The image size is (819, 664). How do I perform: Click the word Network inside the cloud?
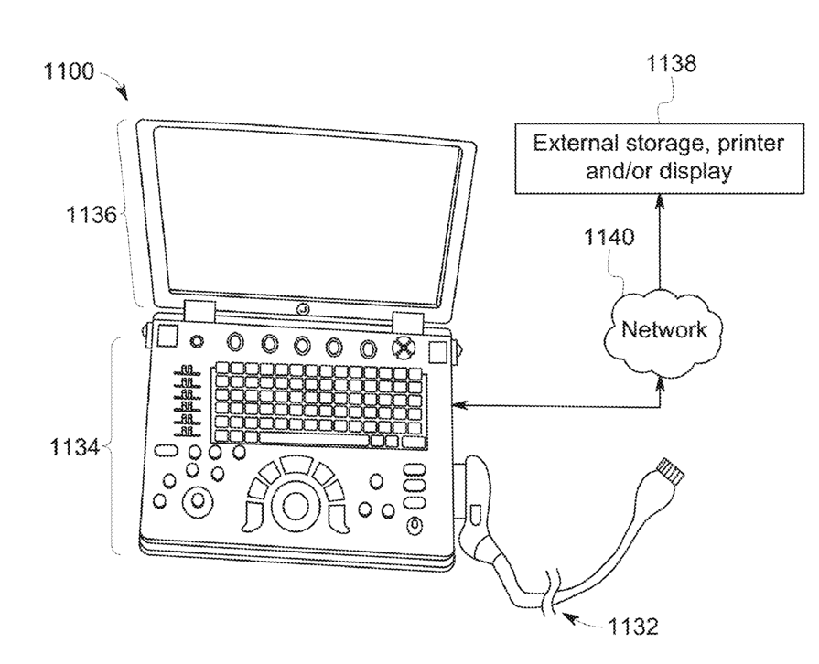click(x=664, y=329)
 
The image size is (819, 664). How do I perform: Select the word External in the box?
click(x=572, y=145)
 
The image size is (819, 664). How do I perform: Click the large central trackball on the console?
click(x=296, y=505)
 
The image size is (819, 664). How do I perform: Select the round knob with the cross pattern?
click(x=403, y=348)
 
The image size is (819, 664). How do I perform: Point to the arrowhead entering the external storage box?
click(x=661, y=198)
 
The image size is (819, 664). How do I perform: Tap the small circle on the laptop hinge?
click(x=303, y=310)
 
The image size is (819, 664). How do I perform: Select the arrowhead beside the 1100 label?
click(x=123, y=91)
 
